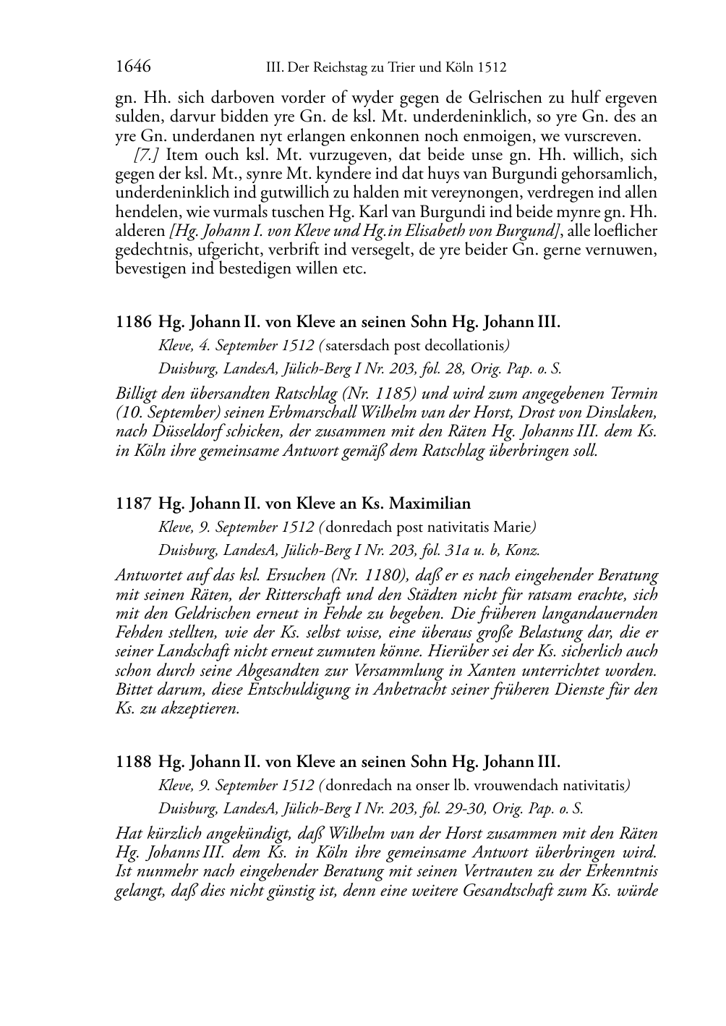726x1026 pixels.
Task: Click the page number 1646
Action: click(133, 67)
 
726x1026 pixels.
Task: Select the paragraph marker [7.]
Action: click(147, 155)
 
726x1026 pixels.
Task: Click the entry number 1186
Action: click(134, 322)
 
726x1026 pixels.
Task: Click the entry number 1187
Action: click(134, 504)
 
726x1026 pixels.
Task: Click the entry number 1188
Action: click(134, 762)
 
